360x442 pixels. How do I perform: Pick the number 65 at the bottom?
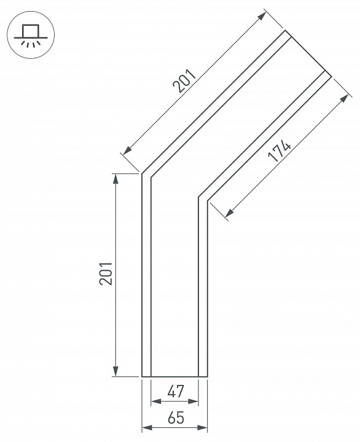click(176, 419)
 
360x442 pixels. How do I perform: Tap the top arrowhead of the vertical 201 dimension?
click(115, 178)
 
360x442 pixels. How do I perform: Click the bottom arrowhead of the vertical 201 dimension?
click(115, 371)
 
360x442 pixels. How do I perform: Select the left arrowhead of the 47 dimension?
click(155, 401)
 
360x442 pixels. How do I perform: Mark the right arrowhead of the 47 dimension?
click(195, 401)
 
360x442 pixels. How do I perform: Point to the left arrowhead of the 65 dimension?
click(146, 427)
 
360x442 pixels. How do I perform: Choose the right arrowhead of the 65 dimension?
click(203, 427)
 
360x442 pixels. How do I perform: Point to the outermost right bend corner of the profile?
click(208, 202)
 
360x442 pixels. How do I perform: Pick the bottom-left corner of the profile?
click(143, 376)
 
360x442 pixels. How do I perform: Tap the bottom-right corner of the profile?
click(208, 376)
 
